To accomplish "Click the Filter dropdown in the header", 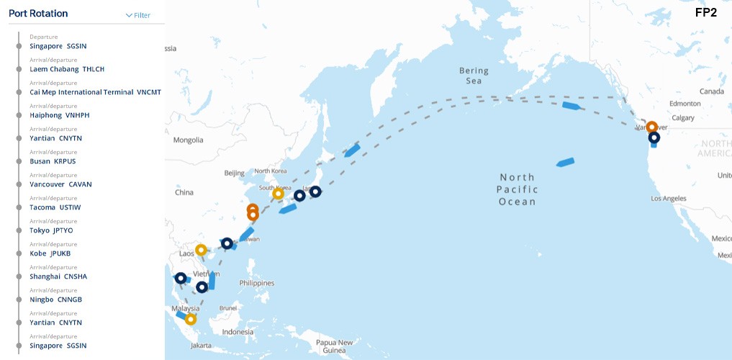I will click(x=138, y=15).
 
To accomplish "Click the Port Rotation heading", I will click(x=38, y=14).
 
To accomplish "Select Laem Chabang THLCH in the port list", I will click(x=67, y=69).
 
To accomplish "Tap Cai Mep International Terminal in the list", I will click(x=95, y=92).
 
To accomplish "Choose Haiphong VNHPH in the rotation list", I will click(x=59, y=115).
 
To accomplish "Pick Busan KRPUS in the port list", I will click(x=53, y=161).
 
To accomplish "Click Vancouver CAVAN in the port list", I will click(x=60, y=184).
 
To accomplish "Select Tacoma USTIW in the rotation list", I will click(x=55, y=207).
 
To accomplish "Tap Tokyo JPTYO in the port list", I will click(x=51, y=230).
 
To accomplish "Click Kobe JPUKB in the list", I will click(x=50, y=253).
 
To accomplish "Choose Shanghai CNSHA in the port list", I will click(x=58, y=276).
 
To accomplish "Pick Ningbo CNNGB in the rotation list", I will click(x=55, y=300).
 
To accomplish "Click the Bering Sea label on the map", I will click(x=474, y=76).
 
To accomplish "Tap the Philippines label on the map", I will click(x=256, y=283).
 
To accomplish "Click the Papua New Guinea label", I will click(x=335, y=346).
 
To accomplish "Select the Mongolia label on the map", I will click(x=189, y=140).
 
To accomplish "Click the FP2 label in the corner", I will click(x=705, y=12).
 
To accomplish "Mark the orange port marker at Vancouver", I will click(x=651, y=127).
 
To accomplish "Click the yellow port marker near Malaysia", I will click(x=190, y=319).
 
